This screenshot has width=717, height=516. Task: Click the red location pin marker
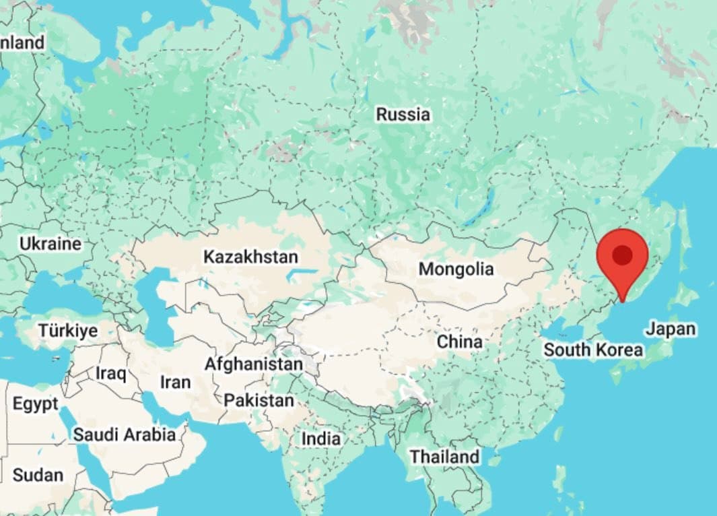(x=623, y=259)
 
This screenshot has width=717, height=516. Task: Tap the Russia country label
(x=403, y=115)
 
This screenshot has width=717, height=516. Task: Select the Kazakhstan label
(x=250, y=257)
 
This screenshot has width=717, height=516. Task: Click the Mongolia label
(x=456, y=269)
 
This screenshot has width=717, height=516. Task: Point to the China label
(x=459, y=342)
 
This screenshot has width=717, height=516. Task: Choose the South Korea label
(x=592, y=350)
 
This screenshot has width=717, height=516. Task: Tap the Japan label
(x=670, y=329)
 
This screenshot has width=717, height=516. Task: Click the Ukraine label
(x=50, y=244)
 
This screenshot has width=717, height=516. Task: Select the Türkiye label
(x=67, y=331)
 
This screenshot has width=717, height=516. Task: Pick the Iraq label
(x=111, y=373)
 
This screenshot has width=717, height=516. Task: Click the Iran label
(x=175, y=382)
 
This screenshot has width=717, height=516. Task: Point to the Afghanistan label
(x=253, y=364)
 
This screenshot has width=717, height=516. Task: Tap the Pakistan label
(x=259, y=400)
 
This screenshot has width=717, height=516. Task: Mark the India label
(x=320, y=439)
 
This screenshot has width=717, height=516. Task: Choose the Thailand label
(x=444, y=456)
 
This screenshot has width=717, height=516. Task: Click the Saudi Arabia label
(x=124, y=434)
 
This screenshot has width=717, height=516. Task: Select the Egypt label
(x=35, y=404)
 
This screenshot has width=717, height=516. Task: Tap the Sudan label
(x=38, y=475)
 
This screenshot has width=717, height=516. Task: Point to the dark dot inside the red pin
(x=623, y=255)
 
